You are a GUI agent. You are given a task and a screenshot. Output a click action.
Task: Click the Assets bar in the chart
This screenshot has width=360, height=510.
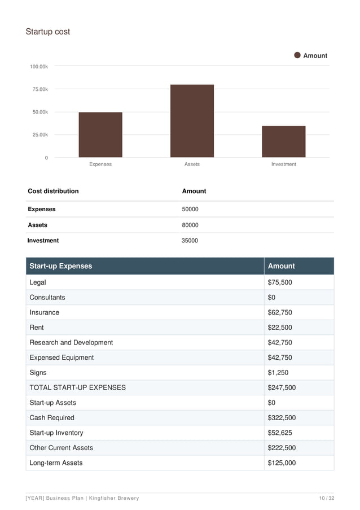coord(192,121)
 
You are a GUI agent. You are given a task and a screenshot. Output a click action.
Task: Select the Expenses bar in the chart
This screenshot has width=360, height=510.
coord(100,134)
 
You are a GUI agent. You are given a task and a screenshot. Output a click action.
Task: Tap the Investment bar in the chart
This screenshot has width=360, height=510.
coord(283,141)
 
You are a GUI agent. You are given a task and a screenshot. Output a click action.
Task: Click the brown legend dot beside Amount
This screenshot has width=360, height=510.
coord(297,55)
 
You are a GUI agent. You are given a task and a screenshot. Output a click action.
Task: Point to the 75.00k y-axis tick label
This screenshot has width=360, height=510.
coord(39,89)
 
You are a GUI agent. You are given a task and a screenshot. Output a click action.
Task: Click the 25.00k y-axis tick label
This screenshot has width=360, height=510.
coord(39,135)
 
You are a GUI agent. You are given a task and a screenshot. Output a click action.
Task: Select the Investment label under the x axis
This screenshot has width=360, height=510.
coord(283,164)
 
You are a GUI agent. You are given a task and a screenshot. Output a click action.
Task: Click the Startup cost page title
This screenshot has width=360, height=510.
coord(48,32)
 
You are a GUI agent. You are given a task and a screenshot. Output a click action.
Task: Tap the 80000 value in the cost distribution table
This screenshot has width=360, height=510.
coord(190,225)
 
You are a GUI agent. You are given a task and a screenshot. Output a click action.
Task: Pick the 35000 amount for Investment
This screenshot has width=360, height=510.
coord(190,241)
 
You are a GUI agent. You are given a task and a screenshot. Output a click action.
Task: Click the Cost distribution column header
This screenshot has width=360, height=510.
coord(53,191)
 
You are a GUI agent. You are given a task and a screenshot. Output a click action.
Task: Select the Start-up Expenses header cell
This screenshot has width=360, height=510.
coord(61,266)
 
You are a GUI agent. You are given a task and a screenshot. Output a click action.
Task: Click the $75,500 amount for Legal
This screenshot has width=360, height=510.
coord(279,282)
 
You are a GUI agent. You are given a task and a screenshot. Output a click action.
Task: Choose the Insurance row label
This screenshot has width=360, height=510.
coord(44,312)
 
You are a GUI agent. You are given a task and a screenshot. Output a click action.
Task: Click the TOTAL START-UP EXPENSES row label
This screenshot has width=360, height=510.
coord(77,388)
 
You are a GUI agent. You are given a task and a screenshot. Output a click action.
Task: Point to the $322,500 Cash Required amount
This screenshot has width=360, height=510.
coord(282,418)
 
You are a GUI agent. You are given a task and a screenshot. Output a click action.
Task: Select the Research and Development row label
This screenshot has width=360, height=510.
coord(71,342)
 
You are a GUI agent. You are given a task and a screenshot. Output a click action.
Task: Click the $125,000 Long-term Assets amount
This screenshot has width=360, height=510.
coord(282,463)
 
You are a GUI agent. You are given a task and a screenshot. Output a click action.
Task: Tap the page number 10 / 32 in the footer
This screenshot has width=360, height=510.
coord(327,498)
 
